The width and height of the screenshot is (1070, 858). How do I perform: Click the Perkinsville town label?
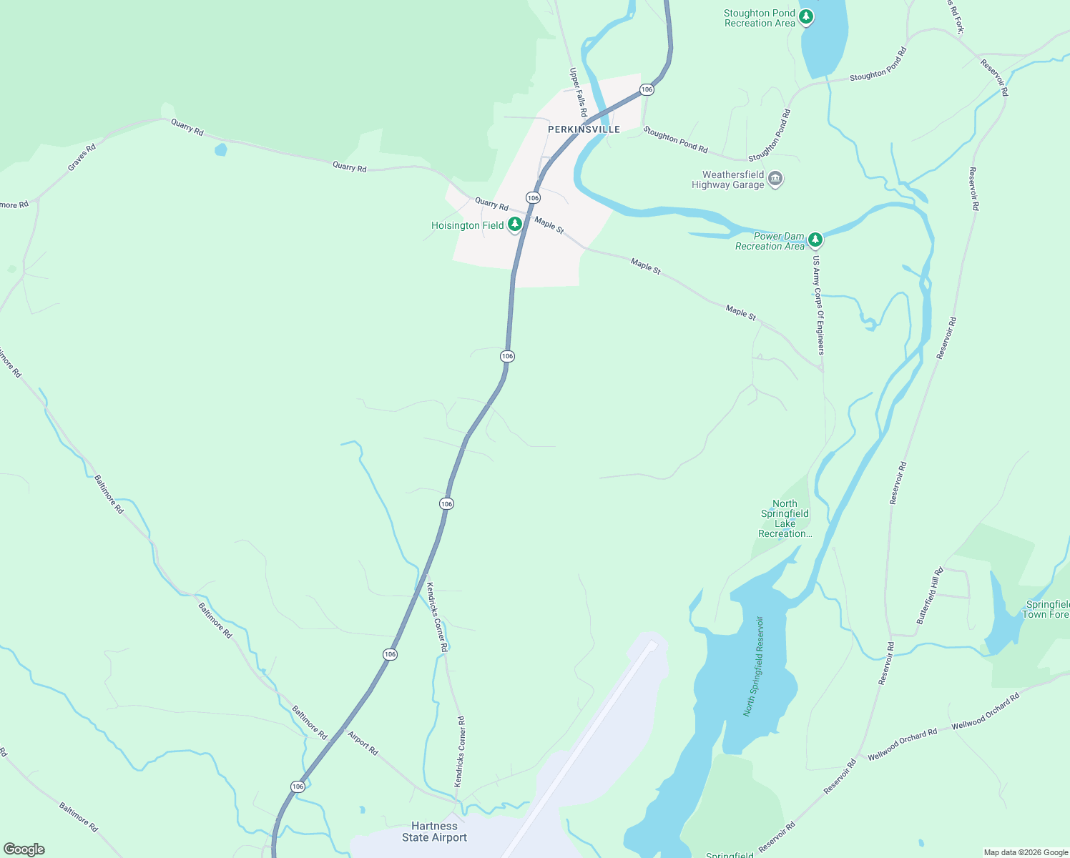pos(584,129)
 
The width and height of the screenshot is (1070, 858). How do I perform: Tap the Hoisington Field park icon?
pos(514,225)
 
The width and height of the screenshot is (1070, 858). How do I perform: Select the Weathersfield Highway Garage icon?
pos(775,179)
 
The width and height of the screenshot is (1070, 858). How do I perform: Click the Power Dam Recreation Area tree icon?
pos(815,240)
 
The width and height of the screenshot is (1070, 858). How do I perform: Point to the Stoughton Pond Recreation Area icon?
pos(806,16)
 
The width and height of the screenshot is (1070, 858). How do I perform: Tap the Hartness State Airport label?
pos(434,832)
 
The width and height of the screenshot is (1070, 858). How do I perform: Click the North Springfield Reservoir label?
pos(754,666)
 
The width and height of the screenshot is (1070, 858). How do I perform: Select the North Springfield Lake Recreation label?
pos(785,518)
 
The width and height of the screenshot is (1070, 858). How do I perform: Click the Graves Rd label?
pos(82,158)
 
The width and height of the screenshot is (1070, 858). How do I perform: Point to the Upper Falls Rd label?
pos(578,92)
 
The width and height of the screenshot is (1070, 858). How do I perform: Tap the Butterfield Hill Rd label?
pos(930,596)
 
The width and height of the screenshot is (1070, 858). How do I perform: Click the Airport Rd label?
pos(363,743)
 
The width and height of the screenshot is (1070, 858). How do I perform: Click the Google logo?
pos(24,849)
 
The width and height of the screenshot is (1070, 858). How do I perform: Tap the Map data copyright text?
pos(1026,852)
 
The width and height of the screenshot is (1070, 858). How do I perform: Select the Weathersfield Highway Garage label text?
pos(727,179)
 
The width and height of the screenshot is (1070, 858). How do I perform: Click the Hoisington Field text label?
pos(467,225)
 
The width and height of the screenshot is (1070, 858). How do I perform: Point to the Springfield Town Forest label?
pos(1046,609)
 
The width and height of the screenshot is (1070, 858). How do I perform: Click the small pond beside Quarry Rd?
pos(220,149)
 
